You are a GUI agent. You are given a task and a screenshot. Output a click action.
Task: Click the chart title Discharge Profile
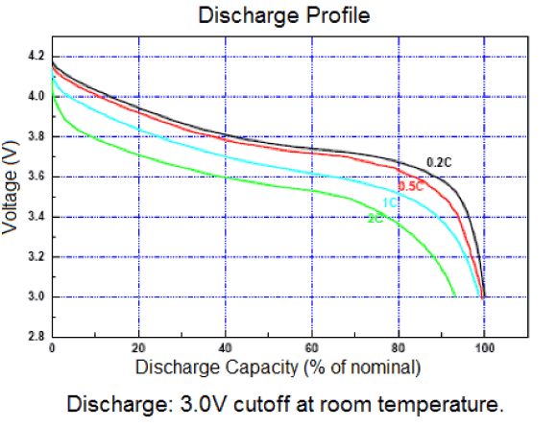point(277,15)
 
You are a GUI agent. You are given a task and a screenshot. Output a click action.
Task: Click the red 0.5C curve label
point(411,186)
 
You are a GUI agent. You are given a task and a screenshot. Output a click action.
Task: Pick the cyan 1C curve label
point(390,202)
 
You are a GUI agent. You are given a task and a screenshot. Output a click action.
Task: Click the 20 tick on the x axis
point(139,348)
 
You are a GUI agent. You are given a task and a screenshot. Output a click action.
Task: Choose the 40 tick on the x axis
point(226,348)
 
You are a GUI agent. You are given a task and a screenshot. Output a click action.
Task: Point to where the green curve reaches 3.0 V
point(455,297)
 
